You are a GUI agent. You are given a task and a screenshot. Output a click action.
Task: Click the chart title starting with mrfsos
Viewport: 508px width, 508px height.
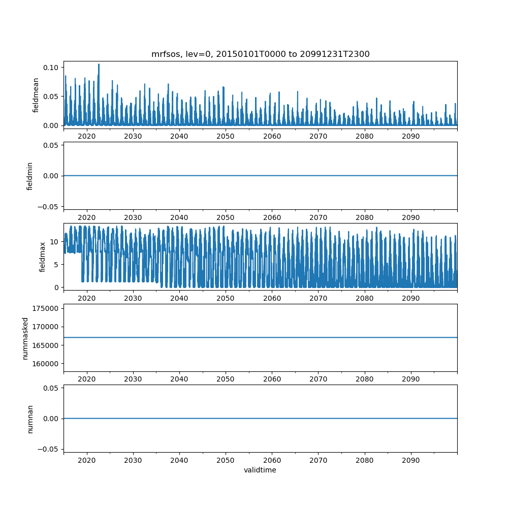coord(260,54)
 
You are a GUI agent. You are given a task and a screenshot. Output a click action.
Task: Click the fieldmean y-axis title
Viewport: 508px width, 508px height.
coord(36,95)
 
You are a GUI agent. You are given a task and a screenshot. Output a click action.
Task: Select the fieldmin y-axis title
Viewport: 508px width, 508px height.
coord(29,176)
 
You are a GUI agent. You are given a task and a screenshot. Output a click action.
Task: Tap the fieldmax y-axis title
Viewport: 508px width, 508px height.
coord(43,257)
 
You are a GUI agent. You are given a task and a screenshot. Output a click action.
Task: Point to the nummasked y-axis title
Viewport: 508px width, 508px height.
coord(25,338)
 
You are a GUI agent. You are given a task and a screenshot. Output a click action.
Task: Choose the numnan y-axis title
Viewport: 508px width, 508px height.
coord(29,419)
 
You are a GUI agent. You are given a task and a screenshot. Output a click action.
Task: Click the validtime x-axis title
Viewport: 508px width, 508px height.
coord(260,470)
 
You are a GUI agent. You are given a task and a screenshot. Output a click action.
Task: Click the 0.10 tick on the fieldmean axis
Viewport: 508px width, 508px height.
coord(53,68)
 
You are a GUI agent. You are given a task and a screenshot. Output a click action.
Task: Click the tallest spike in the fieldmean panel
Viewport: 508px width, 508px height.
coord(99,65)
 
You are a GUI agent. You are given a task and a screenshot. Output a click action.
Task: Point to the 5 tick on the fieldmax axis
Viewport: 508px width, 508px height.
coord(57,264)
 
